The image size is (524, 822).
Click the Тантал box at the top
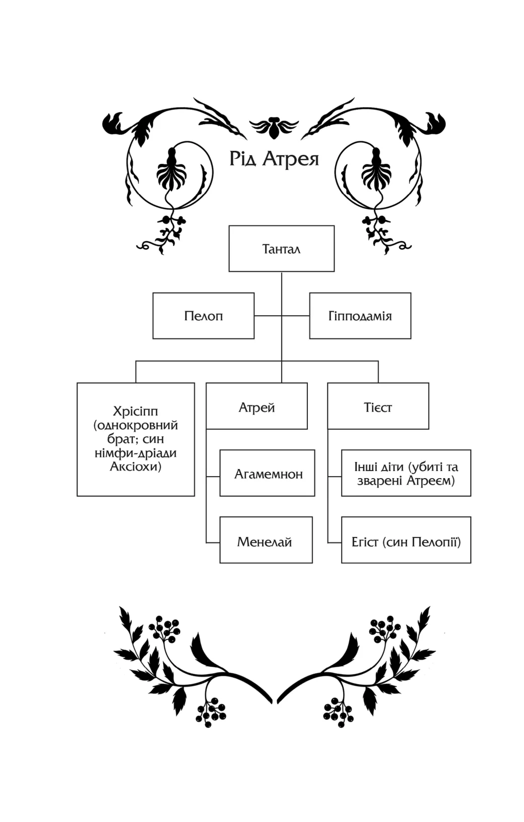[x=281, y=249]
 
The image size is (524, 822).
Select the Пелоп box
[x=203, y=316]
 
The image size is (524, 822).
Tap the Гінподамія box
[x=360, y=316]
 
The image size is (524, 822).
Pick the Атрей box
[x=256, y=406]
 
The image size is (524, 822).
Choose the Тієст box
[x=378, y=406]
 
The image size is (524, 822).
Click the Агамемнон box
[x=268, y=474]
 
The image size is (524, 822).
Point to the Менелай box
[x=266, y=540]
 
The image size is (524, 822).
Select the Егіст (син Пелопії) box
[x=406, y=540]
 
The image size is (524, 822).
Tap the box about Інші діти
[x=406, y=473]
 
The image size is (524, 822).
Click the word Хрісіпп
[x=136, y=411]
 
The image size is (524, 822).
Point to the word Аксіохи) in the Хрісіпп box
[x=136, y=466]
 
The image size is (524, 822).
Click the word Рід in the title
[x=243, y=159]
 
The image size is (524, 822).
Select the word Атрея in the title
[x=291, y=159]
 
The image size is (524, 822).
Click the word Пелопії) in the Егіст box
[x=436, y=542]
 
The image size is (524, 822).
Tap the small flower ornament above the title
[x=274, y=127]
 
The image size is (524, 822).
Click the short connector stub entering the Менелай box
[x=213, y=543]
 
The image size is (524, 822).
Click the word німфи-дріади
[x=136, y=453]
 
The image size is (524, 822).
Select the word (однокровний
[x=136, y=425]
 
